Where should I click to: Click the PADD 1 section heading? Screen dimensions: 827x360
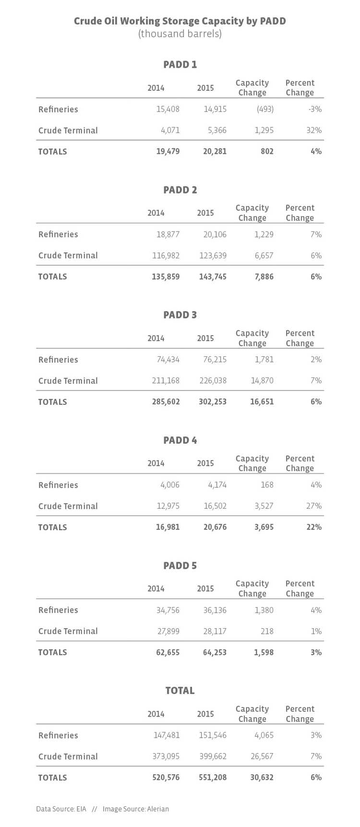(x=180, y=64)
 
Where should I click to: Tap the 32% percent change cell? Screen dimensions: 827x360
(x=315, y=130)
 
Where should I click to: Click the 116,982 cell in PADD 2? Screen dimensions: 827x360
(x=166, y=255)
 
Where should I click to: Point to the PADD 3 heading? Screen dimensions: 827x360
(x=180, y=315)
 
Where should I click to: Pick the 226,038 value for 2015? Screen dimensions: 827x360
(x=213, y=381)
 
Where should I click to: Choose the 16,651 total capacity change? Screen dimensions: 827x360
(x=262, y=402)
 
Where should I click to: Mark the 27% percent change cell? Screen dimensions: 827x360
(x=315, y=506)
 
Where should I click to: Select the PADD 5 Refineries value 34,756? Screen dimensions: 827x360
(x=168, y=610)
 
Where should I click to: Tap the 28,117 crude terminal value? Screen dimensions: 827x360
(x=215, y=632)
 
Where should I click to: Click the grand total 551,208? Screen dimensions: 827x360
(x=213, y=778)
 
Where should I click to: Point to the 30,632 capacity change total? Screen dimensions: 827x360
(x=262, y=778)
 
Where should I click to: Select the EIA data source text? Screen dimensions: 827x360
(x=81, y=809)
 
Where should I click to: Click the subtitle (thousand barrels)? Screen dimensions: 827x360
(x=180, y=34)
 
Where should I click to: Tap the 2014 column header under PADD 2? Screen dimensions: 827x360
(x=156, y=213)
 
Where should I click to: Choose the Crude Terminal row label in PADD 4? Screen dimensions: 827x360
(x=68, y=506)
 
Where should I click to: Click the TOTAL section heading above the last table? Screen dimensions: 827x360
(x=180, y=691)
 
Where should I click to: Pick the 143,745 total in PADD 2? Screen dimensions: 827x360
(x=213, y=277)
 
